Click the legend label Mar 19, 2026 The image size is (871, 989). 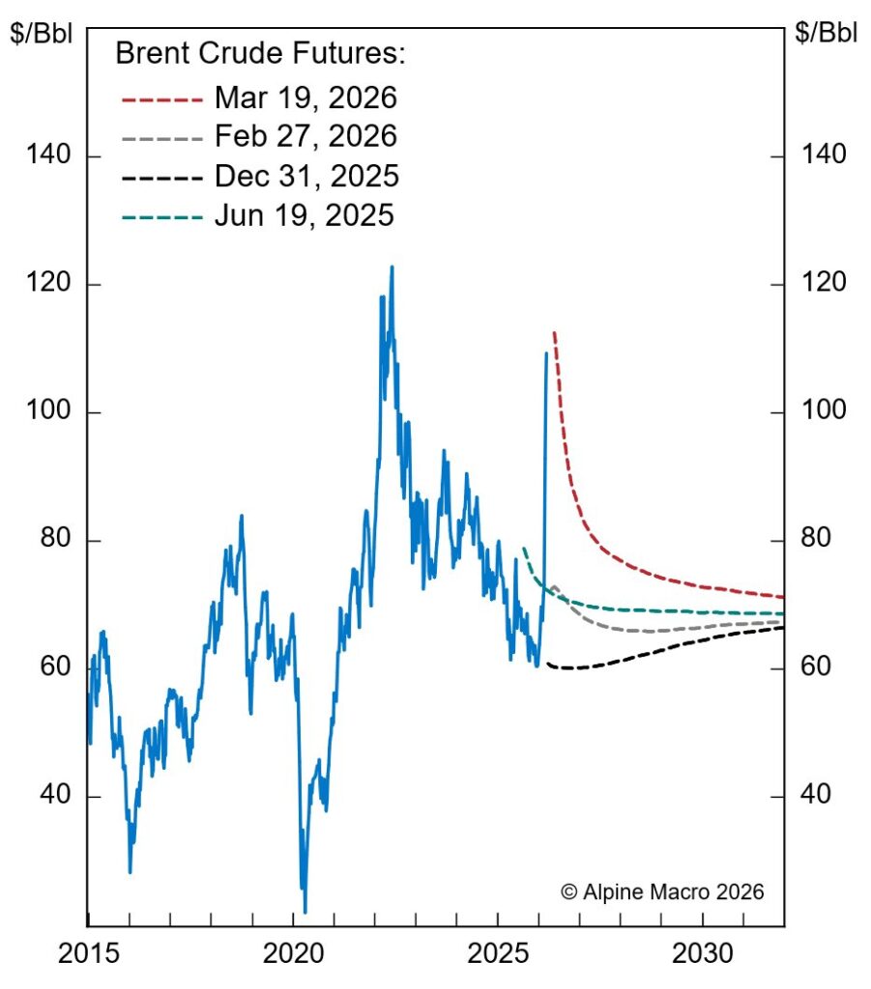coord(305,99)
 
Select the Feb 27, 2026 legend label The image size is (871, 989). coord(305,136)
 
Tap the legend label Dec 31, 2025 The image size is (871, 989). coord(306,176)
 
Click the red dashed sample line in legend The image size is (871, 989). coord(161,99)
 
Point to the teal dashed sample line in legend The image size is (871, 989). coord(161,215)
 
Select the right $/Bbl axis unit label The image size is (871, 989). coord(826,32)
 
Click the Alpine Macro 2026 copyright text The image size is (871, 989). coord(662,891)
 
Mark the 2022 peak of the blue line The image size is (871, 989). coord(392,267)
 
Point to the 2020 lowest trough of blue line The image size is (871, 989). coord(305,911)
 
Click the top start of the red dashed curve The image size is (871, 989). coord(553,332)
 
